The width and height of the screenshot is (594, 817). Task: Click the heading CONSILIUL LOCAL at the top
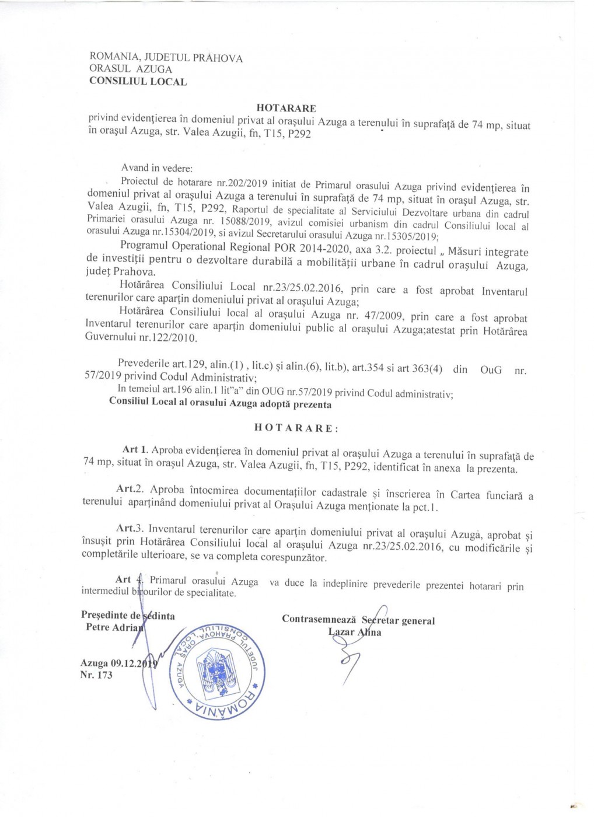click(x=138, y=82)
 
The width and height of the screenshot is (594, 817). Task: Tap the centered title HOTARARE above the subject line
click(x=286, y=108)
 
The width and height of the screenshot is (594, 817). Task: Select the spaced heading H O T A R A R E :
click(x=296, y=428)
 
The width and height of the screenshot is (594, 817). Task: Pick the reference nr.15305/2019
click(x=407, y=236)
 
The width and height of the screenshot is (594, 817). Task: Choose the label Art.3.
click(x=130, y=528)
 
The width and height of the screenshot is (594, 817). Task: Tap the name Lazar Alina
click(x=355, y=632)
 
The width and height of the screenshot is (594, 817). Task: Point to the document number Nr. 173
click(x=96, y=675)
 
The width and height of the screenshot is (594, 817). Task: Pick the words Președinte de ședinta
click(x=128, y=616)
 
